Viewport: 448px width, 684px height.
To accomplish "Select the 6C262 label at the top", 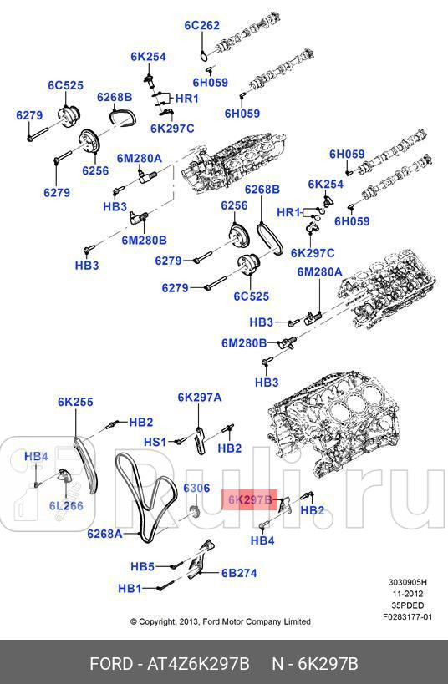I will pyautogui.click(x=201, y=25).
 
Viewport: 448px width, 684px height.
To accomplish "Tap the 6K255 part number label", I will pyautogui.click(x=75, y=402).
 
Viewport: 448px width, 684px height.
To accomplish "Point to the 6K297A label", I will pyautogui.click(x=199, y=397).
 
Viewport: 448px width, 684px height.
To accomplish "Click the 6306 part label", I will pyautogui.click(x=196, y=487).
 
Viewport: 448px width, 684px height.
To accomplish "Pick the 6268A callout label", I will pyautogui.click(x=105, y=533).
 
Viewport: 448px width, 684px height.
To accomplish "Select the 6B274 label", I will pyautogui.click(x=238, y=573).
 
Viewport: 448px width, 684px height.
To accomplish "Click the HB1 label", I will pyautogui.click(x=130, y=588).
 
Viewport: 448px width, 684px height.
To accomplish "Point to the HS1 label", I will pyautogui.click(x=155, y=441).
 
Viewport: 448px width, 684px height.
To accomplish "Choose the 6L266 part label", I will pyautogui.click(x=65, y=505).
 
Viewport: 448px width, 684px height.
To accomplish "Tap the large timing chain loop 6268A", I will pyautogui.click(x=142, y=493).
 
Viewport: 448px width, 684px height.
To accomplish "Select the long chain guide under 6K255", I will pyautogui.click(x=84, y=468).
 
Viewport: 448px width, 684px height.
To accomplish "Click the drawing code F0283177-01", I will pyautogui.click(x=407, y=617).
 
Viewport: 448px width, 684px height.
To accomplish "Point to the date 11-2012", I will pyautogui.click(x=408, y=594).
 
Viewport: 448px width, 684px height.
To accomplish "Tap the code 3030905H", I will pyautogui.click(x=407, y=583).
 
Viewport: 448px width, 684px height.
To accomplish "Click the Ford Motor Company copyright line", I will pyautogui.click(x=220, y=621).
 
